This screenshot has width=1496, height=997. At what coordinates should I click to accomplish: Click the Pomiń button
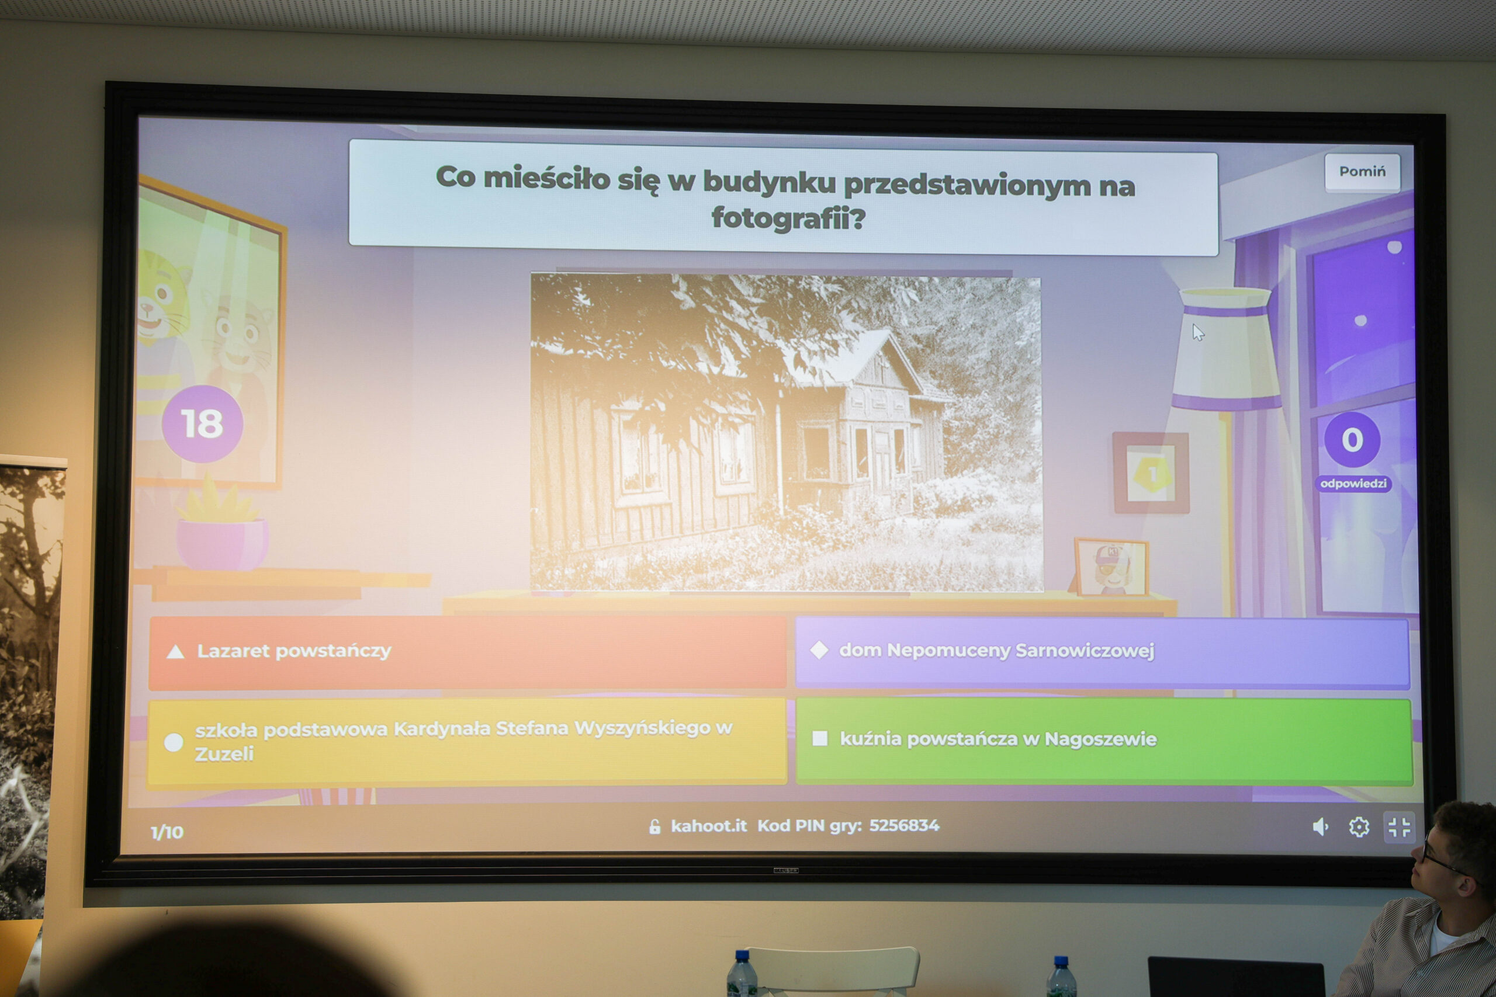[1362, 172]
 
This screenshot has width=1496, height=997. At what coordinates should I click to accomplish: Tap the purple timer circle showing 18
[202, 423]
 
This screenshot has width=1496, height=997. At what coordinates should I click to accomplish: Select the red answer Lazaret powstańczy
[467, 652]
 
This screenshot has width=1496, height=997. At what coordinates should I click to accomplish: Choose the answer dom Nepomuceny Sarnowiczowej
[1102, 652]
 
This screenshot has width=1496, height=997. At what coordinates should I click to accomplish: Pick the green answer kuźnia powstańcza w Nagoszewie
[1104, 741]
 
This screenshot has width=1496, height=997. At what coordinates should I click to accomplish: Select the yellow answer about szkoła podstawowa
[467, 741]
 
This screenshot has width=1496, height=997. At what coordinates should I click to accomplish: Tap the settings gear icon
[1359, 827]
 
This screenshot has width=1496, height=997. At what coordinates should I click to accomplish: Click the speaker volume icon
[1321, 826]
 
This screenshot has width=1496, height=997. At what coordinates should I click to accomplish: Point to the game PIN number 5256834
[904, 825]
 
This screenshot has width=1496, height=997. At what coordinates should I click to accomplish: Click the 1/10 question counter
[167, 832]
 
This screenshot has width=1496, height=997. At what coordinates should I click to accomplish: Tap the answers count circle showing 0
[1352, 439]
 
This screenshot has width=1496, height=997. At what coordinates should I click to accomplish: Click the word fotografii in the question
[789, 218]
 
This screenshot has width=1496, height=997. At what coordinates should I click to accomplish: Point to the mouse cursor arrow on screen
[1199, 332]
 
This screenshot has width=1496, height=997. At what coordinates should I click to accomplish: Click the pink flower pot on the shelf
[222, 544]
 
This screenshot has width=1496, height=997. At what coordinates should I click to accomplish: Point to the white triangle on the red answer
[175, 652]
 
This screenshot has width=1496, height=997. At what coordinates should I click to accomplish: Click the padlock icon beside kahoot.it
[654, 826]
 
